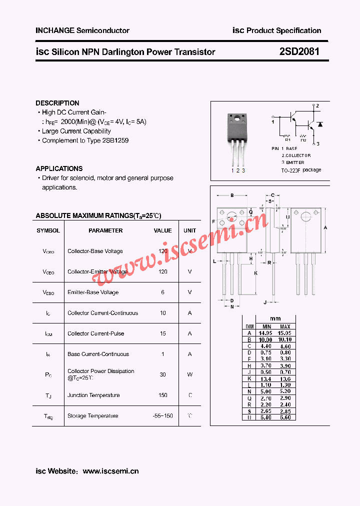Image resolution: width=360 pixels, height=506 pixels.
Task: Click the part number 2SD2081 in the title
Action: pos(299,51)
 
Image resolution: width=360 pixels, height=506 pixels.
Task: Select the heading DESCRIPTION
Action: pos(57,103)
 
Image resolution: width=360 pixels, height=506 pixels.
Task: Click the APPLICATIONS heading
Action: pos(59,168)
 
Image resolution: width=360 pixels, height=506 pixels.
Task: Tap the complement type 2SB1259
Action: pos(115,140)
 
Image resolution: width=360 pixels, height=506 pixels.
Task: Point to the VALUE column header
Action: pos(162,230)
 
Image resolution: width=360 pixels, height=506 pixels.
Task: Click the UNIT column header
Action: pos(190,230)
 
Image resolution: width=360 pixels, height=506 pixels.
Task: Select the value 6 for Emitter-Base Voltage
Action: pos(163,292)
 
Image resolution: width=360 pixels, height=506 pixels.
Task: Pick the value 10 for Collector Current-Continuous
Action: pos(163,313)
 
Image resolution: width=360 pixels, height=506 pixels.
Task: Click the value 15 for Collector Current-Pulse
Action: pos(163,333)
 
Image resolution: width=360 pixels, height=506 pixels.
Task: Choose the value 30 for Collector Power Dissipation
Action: pos(163,374)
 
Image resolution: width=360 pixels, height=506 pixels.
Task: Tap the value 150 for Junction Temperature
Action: pos(163,395)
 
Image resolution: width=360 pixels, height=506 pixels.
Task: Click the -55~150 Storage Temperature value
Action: pos(163,415)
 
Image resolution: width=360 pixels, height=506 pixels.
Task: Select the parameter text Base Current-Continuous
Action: pos(98,354)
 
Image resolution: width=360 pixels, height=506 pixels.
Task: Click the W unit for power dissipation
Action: pos(190,374)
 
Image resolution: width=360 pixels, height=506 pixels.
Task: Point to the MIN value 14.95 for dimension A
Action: pos(265,332)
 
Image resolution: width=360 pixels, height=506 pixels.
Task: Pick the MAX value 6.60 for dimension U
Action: pos(285,417)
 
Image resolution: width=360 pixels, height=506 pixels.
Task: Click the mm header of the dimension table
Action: pos(275,318)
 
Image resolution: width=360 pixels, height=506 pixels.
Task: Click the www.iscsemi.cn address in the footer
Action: pos(110,471)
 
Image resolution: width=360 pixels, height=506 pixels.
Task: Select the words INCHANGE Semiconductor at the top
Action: pos(82,30)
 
